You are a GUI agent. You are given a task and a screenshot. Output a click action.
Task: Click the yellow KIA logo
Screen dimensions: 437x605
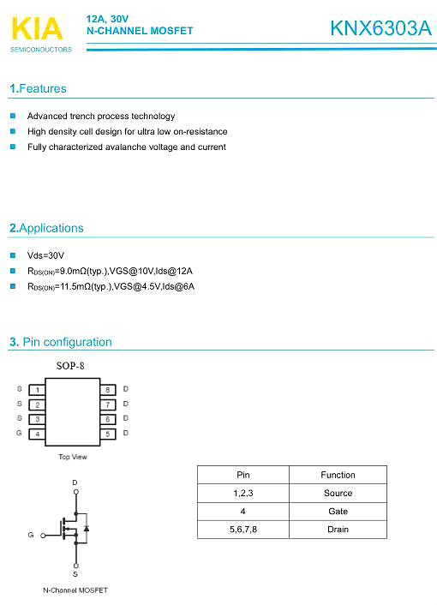(x=37, y=29)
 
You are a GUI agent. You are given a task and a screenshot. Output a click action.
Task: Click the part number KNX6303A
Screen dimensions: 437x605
(x=380, y=28)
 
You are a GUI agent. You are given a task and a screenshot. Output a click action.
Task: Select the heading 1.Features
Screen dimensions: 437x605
(x=38, y=89)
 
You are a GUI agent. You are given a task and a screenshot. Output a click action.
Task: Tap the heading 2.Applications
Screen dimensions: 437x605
(x=46, y=228)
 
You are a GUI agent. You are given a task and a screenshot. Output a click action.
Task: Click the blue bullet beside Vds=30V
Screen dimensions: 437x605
(x=13, y=255)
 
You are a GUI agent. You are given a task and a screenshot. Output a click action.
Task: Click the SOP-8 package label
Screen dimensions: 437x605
(x=70, y=367)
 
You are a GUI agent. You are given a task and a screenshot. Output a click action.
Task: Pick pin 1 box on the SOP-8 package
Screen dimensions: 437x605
(x=37, y=389)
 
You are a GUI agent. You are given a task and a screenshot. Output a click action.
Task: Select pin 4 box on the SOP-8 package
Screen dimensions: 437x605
(x=37, y=434)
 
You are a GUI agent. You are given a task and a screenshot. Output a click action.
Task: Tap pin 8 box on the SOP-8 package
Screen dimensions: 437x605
(x=108, y=389)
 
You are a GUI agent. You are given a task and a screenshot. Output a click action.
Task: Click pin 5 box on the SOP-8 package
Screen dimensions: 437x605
(x=108, y=434)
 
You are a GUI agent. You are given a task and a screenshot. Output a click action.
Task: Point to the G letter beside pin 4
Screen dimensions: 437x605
(x=19, y=434)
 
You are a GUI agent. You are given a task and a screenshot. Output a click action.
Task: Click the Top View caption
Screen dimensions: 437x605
(x=72, y=457)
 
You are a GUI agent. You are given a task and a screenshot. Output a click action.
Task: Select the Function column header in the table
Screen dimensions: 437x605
(x=338, y=475)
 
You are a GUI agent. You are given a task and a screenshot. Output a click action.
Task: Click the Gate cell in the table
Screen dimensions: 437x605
(x=338, y=511)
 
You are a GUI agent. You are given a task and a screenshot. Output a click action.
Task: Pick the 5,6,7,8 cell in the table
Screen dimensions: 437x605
(x=243, y=530)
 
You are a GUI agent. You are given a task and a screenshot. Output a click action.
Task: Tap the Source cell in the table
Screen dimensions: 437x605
(x=338, y=493)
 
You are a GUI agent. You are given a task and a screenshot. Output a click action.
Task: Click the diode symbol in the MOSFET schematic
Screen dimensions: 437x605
(x=86, y=529)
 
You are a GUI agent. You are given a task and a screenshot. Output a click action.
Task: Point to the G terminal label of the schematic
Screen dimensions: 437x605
(x=31, y=535)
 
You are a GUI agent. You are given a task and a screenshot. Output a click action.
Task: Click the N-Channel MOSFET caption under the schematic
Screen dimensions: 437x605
(x=75, y=590)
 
